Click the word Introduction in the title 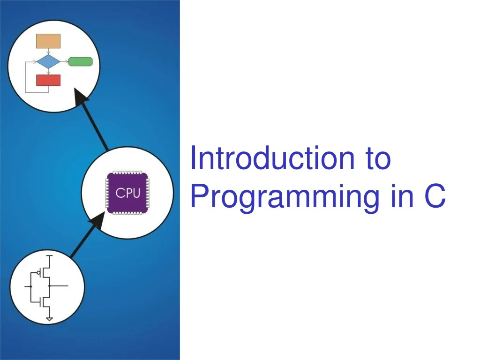pos(272,158)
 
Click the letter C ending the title pos(435,195)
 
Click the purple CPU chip pos(127,193)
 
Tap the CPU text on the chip pos(128,193)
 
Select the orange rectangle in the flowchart pos(48,41)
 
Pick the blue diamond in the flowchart pos(48,62)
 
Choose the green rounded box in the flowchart pos(81,61)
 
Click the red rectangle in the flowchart pos(48,80)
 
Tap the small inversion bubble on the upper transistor pos(39,272)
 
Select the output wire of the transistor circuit pos(59,286)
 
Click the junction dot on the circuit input pos(31,286)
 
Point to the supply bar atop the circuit pos(49,255)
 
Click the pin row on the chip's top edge pos(127,172)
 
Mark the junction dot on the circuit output pos(49,286)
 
